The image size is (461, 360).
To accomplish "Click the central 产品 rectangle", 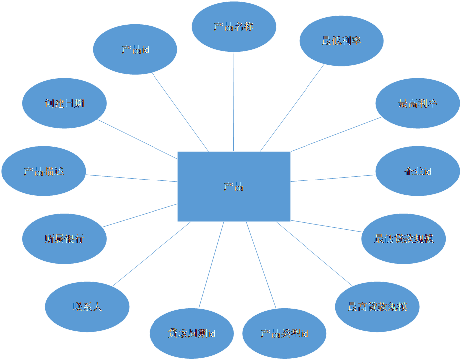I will tap(234, 186).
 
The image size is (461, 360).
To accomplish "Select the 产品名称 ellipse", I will tap(234, 26).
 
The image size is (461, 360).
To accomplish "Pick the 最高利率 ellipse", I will tap(418, 103).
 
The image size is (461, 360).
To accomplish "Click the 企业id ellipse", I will tap(417, 172).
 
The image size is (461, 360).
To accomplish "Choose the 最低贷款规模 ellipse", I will tap(404, 238).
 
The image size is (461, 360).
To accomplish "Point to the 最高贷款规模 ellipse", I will tap(377, 306).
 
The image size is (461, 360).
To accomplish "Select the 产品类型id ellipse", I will tap(284, 333).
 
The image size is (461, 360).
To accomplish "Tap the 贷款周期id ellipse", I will tap(191, 333).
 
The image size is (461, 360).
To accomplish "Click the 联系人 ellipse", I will tap(87, 306).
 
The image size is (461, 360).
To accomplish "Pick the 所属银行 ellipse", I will tap(64, 239).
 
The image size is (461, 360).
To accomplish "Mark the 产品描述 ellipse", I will tap(44, 172).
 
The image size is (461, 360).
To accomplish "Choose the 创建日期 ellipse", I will tap(64, 103).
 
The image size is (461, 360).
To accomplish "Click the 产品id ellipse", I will tap(135, 50).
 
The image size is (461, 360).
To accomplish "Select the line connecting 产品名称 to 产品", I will tap(234, 100).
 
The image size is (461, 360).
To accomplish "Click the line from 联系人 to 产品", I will tap(152, 254).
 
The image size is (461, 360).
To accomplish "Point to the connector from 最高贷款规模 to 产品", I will tap(314, 253).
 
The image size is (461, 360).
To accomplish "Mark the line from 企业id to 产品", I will tap(332, 178).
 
